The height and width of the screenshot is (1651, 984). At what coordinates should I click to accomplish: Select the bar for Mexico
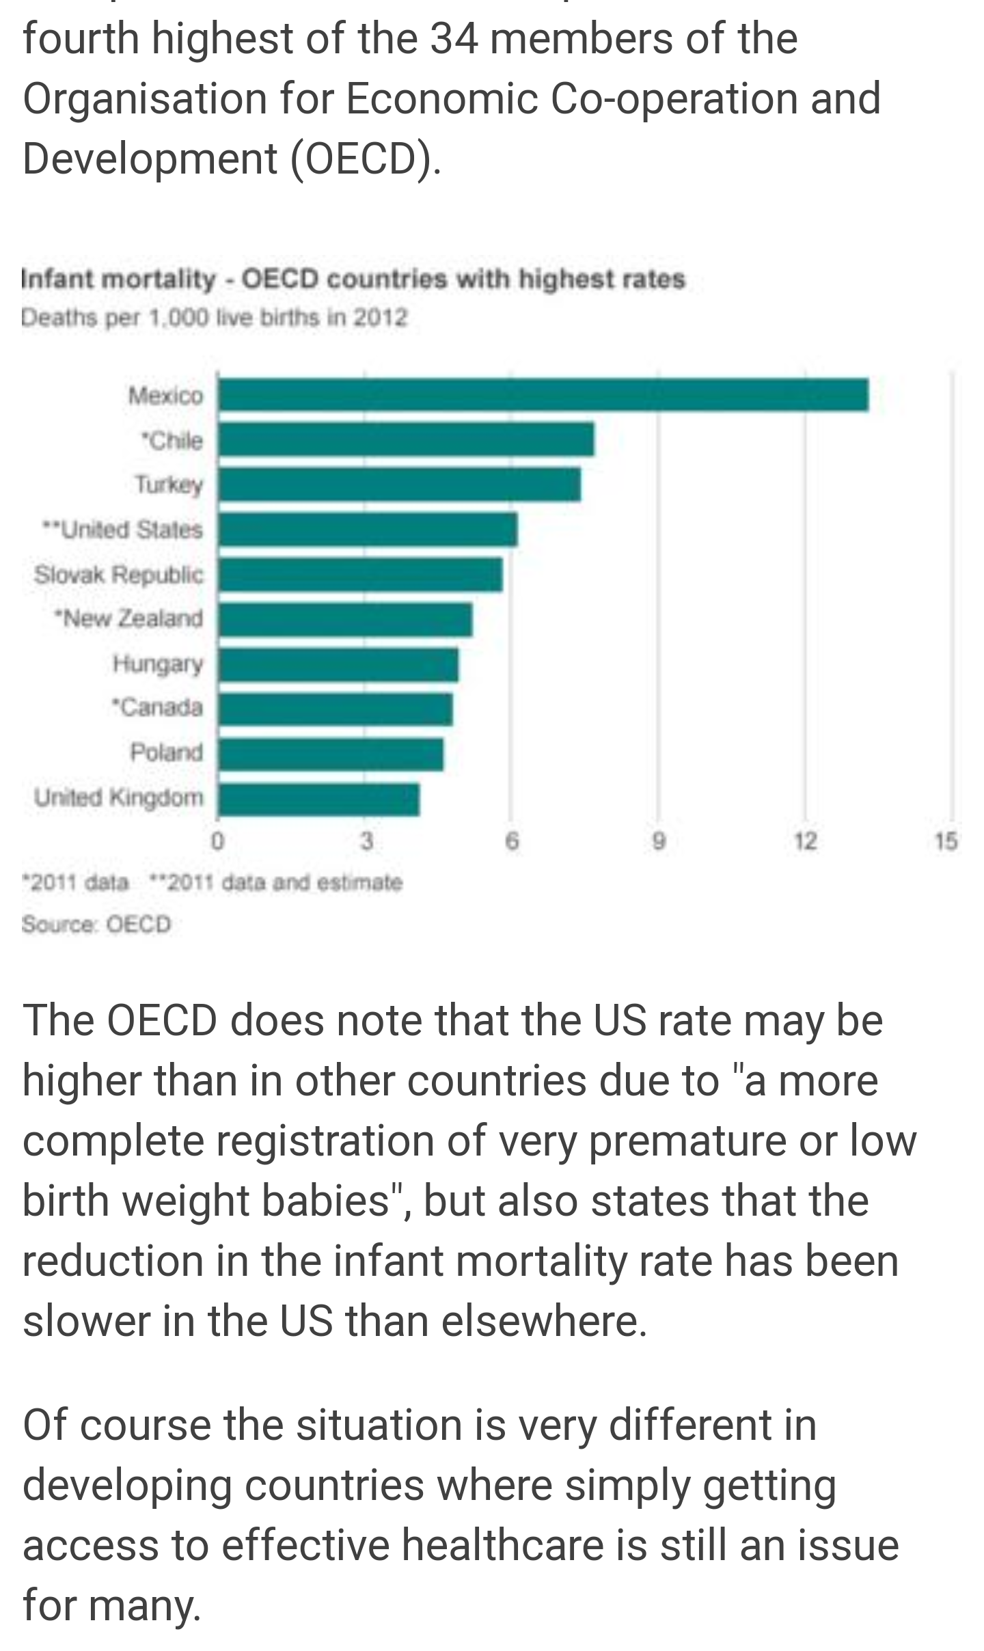point(543,394)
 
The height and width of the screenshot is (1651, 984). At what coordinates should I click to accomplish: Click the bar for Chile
point(406,439)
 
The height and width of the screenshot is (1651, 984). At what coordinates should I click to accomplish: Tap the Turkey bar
point(399,485)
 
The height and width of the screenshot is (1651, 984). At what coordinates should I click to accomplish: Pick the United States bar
point(368,530)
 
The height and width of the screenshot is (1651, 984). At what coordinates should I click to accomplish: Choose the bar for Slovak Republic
point(360,575)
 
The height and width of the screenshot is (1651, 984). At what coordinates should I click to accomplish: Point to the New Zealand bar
point(345,620)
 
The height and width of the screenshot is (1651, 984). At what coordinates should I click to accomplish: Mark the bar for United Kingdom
point(318,800)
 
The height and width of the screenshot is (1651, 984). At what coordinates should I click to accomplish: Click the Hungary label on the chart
point(158,664)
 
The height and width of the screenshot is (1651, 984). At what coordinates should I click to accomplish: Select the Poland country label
point(167,752)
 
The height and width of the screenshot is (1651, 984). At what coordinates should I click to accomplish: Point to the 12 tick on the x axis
point(805,841)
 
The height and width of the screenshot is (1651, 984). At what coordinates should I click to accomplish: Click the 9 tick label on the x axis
point(658,841)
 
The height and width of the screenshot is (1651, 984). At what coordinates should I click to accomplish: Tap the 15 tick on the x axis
point(946,841)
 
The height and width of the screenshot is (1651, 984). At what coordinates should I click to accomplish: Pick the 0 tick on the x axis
point(217,841)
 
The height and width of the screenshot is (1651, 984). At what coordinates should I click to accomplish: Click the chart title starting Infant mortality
point(353,279)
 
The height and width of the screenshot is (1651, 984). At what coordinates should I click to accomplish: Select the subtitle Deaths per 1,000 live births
point(214,318)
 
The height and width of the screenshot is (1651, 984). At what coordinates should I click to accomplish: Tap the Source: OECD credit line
point(96,924)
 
